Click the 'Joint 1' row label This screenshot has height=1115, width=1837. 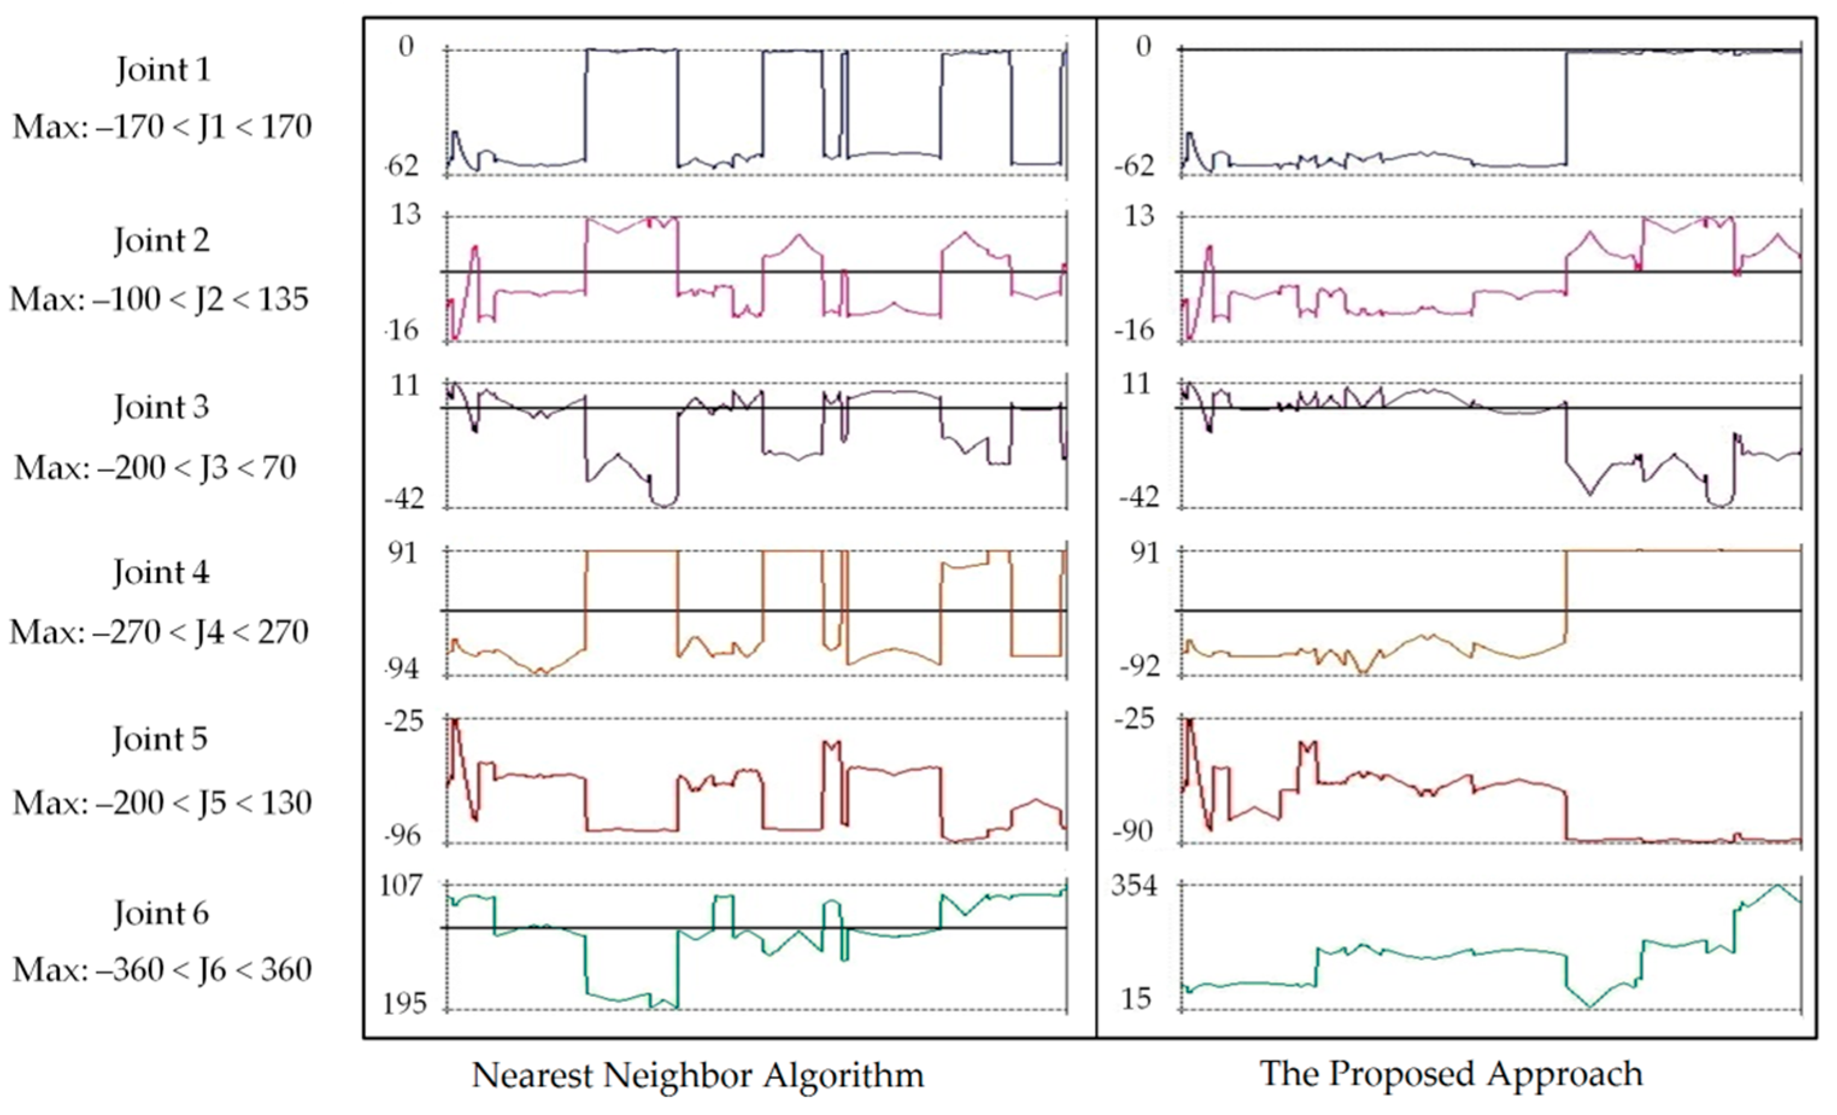tap(163, 70)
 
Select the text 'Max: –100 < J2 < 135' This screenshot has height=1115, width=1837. tap(159, 300)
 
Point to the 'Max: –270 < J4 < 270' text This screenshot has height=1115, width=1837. tap(159, 632)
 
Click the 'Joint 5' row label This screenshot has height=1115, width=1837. tap(160, 739)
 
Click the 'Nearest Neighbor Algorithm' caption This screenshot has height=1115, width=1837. tap(698, 1075)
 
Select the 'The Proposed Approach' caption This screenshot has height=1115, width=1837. tap(1451, 1074)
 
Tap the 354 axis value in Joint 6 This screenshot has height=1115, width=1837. tap(1134, 886)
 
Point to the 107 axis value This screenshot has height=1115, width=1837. tap(401, 886)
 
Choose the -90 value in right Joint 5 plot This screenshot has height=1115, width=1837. tap(1133, 832)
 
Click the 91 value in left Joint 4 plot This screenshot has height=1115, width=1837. tap(402, 553)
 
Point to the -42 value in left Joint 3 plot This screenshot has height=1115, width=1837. tap(403, 498)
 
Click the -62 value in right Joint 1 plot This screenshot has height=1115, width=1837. tap(1133, 167)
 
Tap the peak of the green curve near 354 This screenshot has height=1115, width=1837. tap(1777, 885)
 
